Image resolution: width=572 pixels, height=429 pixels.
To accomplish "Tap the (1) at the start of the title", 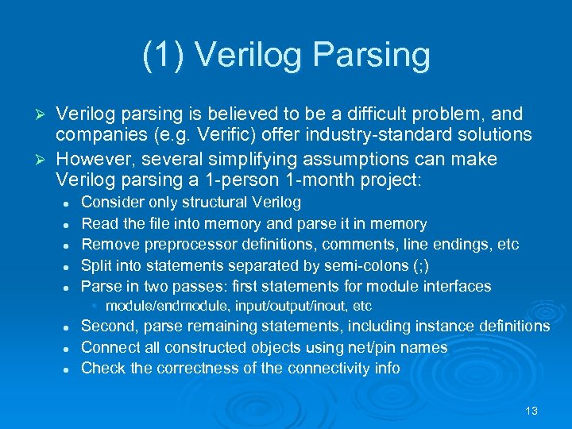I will [163, 55].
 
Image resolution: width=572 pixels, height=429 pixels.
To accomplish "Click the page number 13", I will [531, 411].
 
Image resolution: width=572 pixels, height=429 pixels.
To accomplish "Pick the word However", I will [94, 158].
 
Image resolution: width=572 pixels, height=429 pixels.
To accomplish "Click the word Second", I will [108, 327].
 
